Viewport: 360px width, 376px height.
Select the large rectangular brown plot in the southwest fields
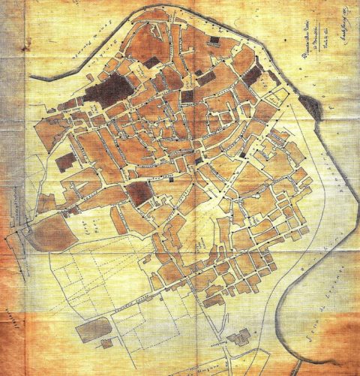[x=94, y=329]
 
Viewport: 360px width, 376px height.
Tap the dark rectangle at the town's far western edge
[x=64, y=161]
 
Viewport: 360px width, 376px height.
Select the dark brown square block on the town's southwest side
[x=137, y=193]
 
